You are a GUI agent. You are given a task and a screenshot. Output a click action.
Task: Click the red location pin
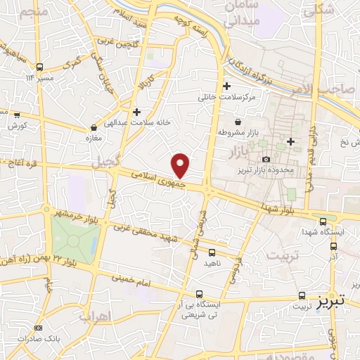181,164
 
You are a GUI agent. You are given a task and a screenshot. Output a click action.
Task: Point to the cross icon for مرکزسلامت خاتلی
226,86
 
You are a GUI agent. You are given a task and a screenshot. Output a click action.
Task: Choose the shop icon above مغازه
94,127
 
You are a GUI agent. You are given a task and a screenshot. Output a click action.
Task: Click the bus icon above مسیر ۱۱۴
39,67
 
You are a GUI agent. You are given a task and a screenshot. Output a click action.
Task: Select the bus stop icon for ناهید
212,252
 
